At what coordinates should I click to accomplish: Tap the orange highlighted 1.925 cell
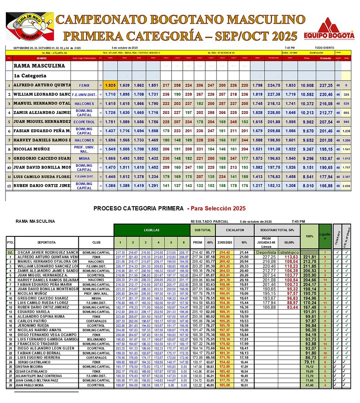point(110,85)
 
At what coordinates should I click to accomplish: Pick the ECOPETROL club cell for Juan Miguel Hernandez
point(84,122)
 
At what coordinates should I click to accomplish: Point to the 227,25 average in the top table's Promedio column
point(326,85)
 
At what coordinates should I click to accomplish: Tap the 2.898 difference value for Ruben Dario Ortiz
point(346,186)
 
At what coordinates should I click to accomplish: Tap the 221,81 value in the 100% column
point(310,257)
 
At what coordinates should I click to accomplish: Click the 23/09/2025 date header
point(225,243)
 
